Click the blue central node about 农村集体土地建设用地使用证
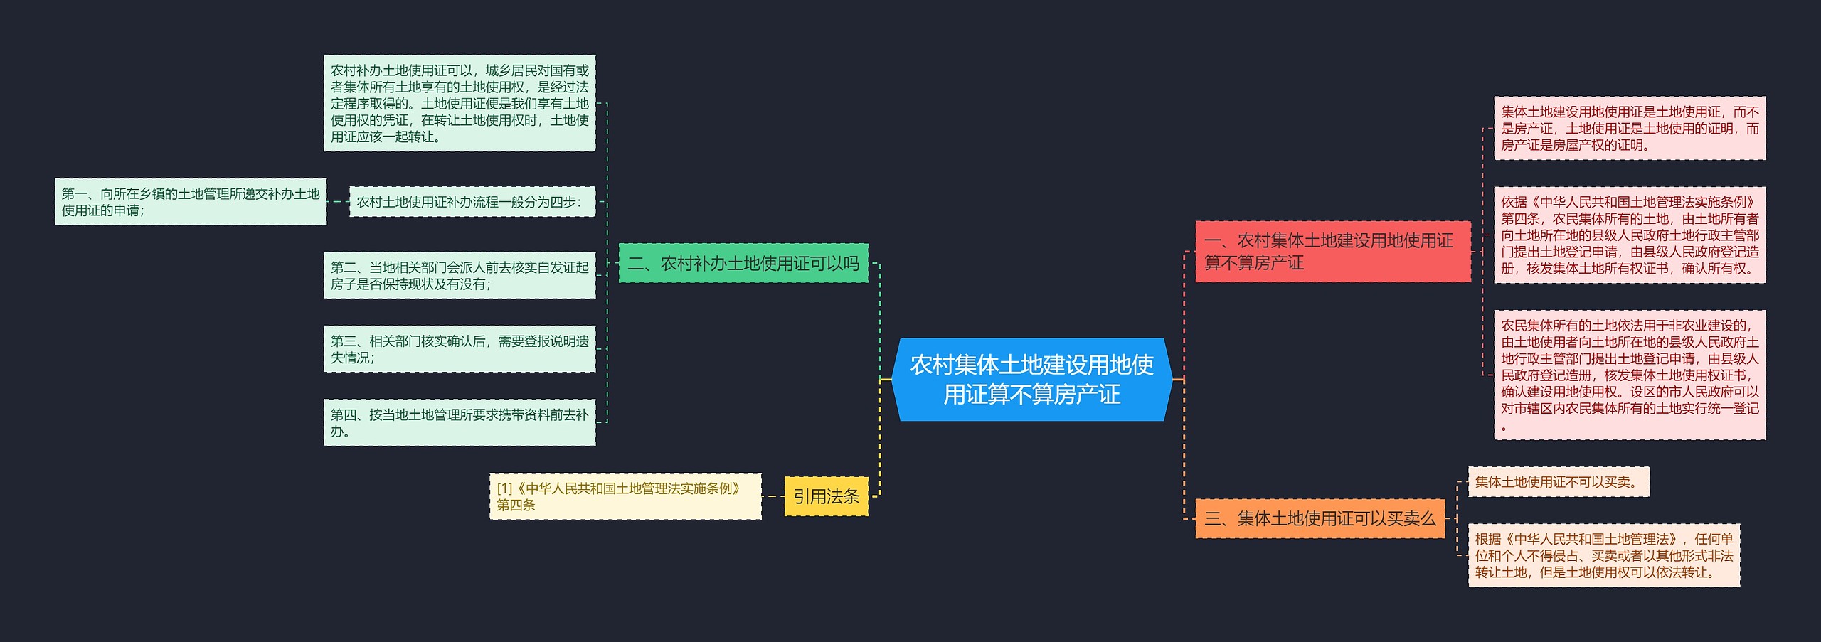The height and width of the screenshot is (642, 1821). point(1031,380)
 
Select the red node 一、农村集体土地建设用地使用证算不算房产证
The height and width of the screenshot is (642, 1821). point(1332,252)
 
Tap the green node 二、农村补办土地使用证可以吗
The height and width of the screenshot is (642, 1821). point(743,264)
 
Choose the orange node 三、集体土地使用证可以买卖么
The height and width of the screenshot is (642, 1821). point(1320,519)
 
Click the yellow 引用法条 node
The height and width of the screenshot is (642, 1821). point(826,496)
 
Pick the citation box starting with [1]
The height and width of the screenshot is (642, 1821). point(625,496)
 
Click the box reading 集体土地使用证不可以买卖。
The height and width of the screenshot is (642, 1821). point(1558,482)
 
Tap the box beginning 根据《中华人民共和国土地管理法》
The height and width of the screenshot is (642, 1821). point(1603,555)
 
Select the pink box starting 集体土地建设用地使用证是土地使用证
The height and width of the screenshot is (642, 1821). point(1629,129)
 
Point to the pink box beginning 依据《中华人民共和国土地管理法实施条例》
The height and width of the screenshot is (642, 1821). point(1629,235)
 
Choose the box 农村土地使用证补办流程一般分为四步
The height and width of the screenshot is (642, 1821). point(472,202)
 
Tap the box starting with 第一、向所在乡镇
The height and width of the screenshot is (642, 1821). point(191,202)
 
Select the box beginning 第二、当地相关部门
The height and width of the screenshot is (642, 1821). point(460,276)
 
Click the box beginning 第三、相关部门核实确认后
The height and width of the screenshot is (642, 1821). point(460,349)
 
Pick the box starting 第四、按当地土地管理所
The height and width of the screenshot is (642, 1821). point(460,423)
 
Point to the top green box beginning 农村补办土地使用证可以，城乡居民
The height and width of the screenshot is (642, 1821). point(460,103)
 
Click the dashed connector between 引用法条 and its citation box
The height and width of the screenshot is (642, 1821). point(773,496)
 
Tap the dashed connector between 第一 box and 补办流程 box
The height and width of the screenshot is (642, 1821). point(338,202)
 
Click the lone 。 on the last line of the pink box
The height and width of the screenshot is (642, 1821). point(1504,428)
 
